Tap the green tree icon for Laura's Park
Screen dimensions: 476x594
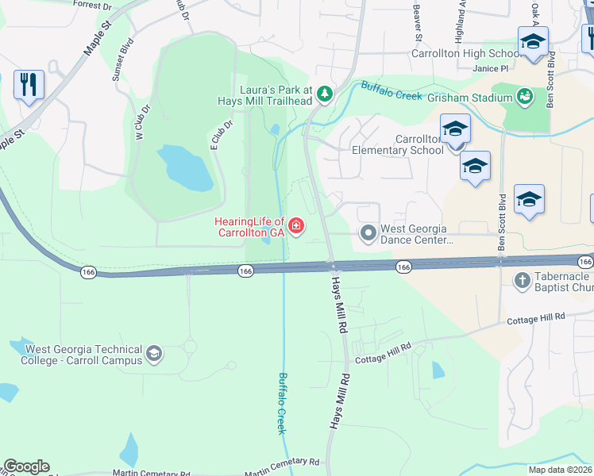(x=324, y=94)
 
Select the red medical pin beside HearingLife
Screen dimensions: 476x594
(x=296, y=228)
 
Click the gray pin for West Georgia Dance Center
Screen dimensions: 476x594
(x=368, y=233)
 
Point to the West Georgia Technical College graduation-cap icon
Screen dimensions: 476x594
(x=154, y=355)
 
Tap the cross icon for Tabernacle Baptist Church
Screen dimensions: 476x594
(x=522, y=279)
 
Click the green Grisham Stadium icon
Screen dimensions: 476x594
(x=524, y=98)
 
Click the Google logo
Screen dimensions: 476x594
(x=26, y=466)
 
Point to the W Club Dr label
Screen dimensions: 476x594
(x=142, y=124)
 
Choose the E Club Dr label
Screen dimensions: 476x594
(x=222, y=136)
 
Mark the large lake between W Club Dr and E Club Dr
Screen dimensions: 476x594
(x=184, y=168)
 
